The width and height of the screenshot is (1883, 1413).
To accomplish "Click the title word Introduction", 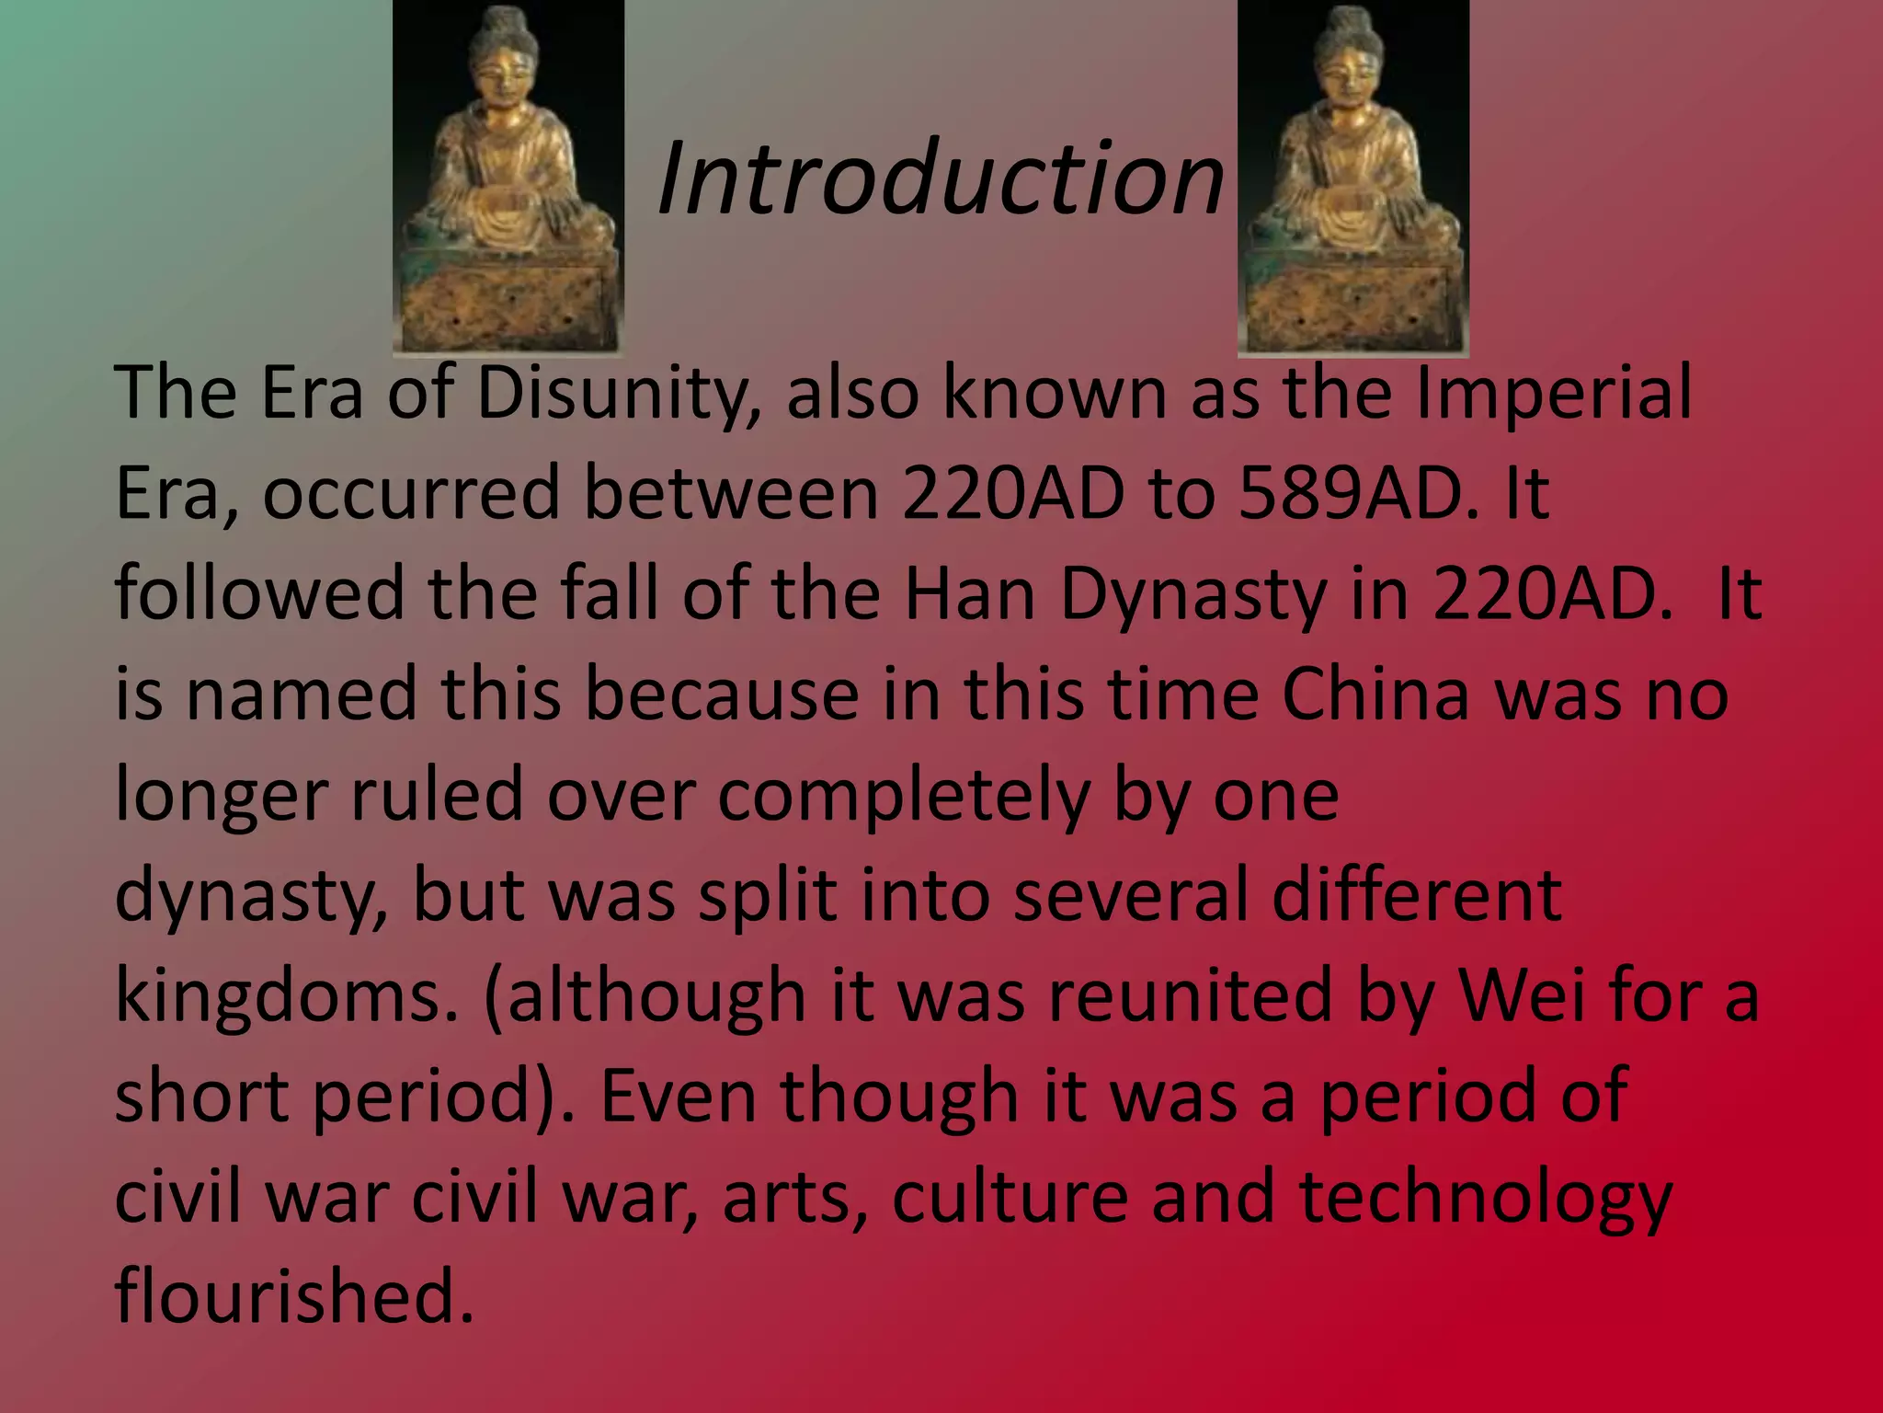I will tap(941, 177).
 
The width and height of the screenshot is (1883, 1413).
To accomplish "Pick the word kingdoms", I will tap(286, 996).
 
